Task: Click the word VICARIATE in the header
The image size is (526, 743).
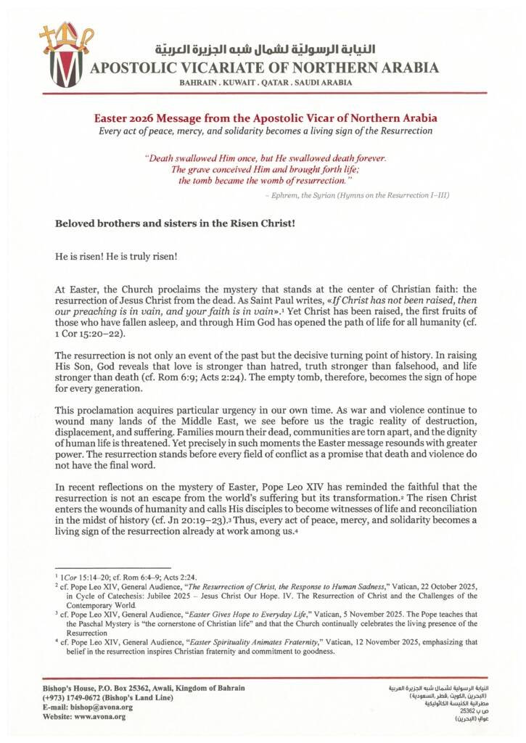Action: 218,69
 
